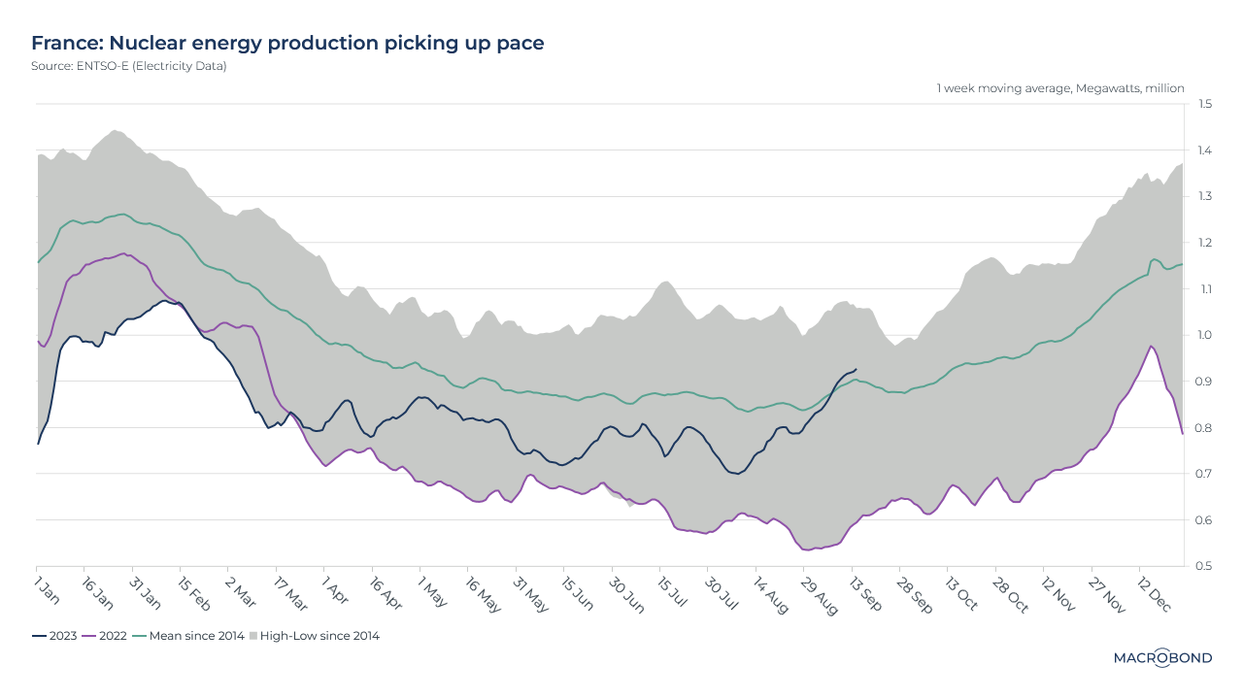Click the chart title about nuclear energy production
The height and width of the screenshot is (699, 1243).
[x=287, y=43]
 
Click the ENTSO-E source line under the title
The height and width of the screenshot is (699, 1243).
[x=129, y=66]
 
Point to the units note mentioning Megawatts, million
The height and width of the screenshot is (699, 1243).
[x=1060, y=88]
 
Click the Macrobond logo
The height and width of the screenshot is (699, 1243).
[x=1162, y=658]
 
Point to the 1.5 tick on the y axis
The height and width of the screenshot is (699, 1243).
[x=1204, y=104]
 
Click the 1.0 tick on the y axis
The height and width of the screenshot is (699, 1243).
[x=1204, y=335]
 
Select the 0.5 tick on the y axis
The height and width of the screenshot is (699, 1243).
[x=1204, y=566]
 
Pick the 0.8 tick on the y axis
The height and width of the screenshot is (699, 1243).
[x=1204, y=427]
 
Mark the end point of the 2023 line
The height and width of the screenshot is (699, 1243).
[x=856, y=369]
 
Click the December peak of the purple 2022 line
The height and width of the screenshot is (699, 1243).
[x=1151, y=346]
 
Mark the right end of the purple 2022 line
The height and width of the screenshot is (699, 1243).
[x=1182, y=434]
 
